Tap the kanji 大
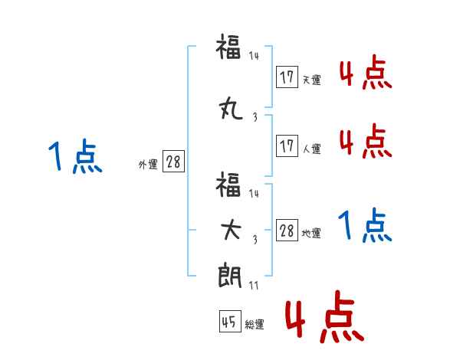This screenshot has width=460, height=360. click(x=230, y=232)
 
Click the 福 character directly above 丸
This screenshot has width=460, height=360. click(x=230, y=48)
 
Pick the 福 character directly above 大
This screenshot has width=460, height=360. click(x=230, y=185)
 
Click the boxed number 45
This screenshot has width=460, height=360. click(x=228, y=322)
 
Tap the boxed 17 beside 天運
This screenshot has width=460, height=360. click(x=287, y=77)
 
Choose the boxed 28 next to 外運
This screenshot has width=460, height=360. click(x=172, y=162)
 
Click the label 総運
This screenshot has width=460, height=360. click(x=255, y=325)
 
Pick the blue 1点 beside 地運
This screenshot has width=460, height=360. click(x=365, y=226)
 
